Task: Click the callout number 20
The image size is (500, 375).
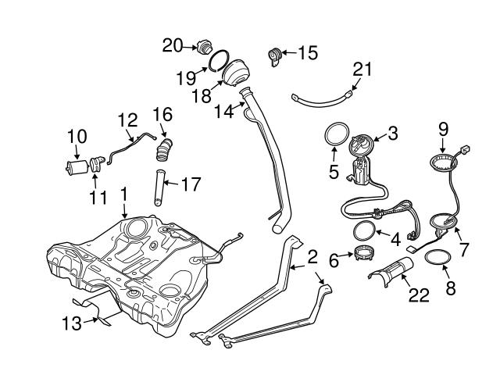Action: point(172,45)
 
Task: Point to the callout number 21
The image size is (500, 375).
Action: point(360,70)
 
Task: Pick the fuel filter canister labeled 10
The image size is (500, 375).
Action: point(77,166)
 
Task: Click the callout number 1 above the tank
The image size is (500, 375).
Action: point(123,191)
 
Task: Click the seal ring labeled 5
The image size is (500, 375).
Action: point(336,134)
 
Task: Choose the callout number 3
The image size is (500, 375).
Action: point(392,134)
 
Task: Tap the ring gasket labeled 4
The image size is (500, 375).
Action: point(363,231)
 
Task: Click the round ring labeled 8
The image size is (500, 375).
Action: point(439,258)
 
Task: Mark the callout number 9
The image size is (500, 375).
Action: point(443,127)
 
